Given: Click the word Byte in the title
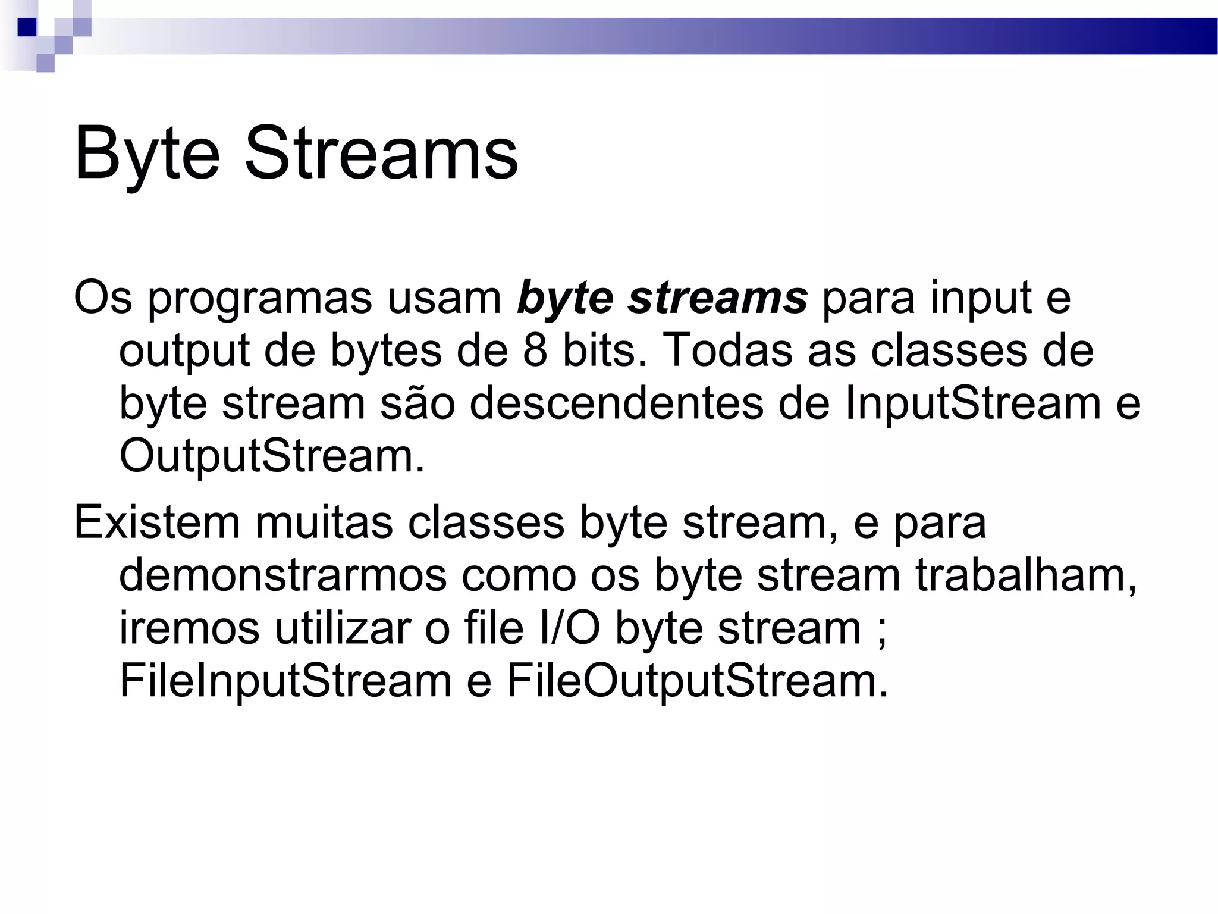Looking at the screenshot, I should coord(146,154).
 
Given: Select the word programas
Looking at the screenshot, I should coord(259,299).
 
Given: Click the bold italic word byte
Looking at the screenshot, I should coord(565,299).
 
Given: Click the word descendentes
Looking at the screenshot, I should coord(616,403).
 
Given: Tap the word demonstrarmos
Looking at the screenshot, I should coord(282,575).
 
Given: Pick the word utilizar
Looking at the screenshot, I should coord(342,628).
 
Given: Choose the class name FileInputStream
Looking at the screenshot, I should coord(285,680).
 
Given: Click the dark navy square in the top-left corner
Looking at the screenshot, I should coord(27,27).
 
